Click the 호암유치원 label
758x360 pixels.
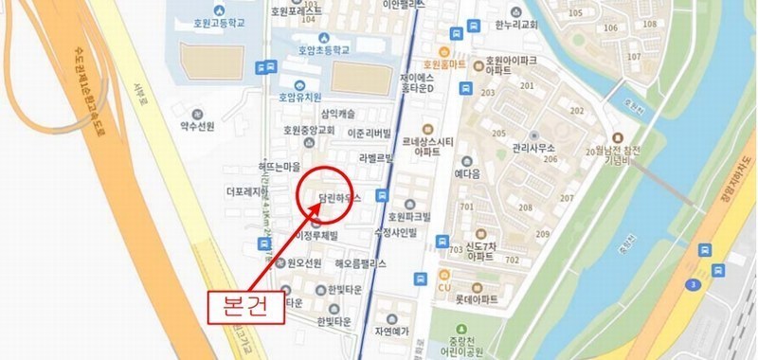pyautogui.click(x=300, y=97)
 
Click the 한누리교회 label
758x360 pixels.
pyautogui.click(x=516, y=26)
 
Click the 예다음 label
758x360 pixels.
pyautogui.click(x=468, y=174)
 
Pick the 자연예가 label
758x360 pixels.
pyautogui.click(x=389, y=332)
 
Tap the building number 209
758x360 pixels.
pyautogui.click(x=543, y=233)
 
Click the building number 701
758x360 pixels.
pyautogui.click(x=466, y=207)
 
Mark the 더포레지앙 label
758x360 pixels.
pyautogui.click(x=248, y=190)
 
